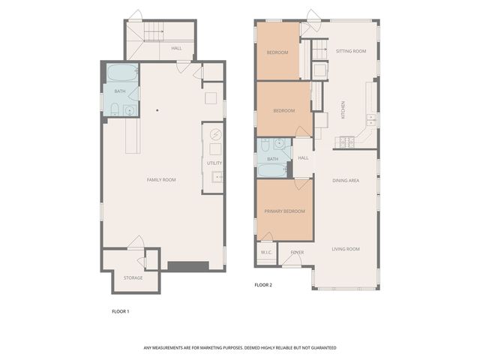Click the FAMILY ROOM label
point(160,179)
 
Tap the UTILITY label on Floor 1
point(214,163)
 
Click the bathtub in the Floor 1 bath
point(121,74)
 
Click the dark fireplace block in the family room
point(187,266)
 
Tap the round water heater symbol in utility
point(215,136)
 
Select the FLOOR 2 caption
point(262,285)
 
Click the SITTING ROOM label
point(351,51)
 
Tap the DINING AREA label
point(346,181)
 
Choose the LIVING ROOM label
point(346,249)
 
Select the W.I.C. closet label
point(266,253)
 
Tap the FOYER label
point(297,253)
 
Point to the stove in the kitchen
point(347,140)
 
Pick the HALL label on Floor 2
point(304,158)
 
